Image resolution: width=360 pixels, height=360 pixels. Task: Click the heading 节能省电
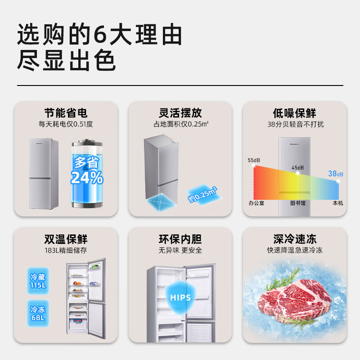tap(66, 113)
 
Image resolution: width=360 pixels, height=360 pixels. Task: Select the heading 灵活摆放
tap(180, 113)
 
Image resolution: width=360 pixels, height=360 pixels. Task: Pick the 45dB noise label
tap(297, 168)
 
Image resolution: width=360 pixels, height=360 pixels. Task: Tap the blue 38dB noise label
tap(336, 174)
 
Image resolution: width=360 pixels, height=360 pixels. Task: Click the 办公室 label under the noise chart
tap(256, 203)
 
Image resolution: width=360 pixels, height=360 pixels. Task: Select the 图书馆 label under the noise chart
tap(297, 203)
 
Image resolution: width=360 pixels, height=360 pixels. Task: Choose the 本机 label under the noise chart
tap(337, 203)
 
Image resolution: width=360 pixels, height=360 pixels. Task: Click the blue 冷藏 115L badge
tap(38, 282)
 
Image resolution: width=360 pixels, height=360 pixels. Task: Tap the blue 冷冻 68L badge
tap(38, 314)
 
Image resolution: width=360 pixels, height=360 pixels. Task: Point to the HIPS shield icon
tap(181, 297)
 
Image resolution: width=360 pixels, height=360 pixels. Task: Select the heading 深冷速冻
tap(295, 239)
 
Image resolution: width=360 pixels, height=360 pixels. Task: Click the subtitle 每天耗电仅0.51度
tap(66, 124)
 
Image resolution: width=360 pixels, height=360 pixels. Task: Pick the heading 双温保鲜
tap(66, 239)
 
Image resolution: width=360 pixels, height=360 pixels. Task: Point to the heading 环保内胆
tap(180, 239)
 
